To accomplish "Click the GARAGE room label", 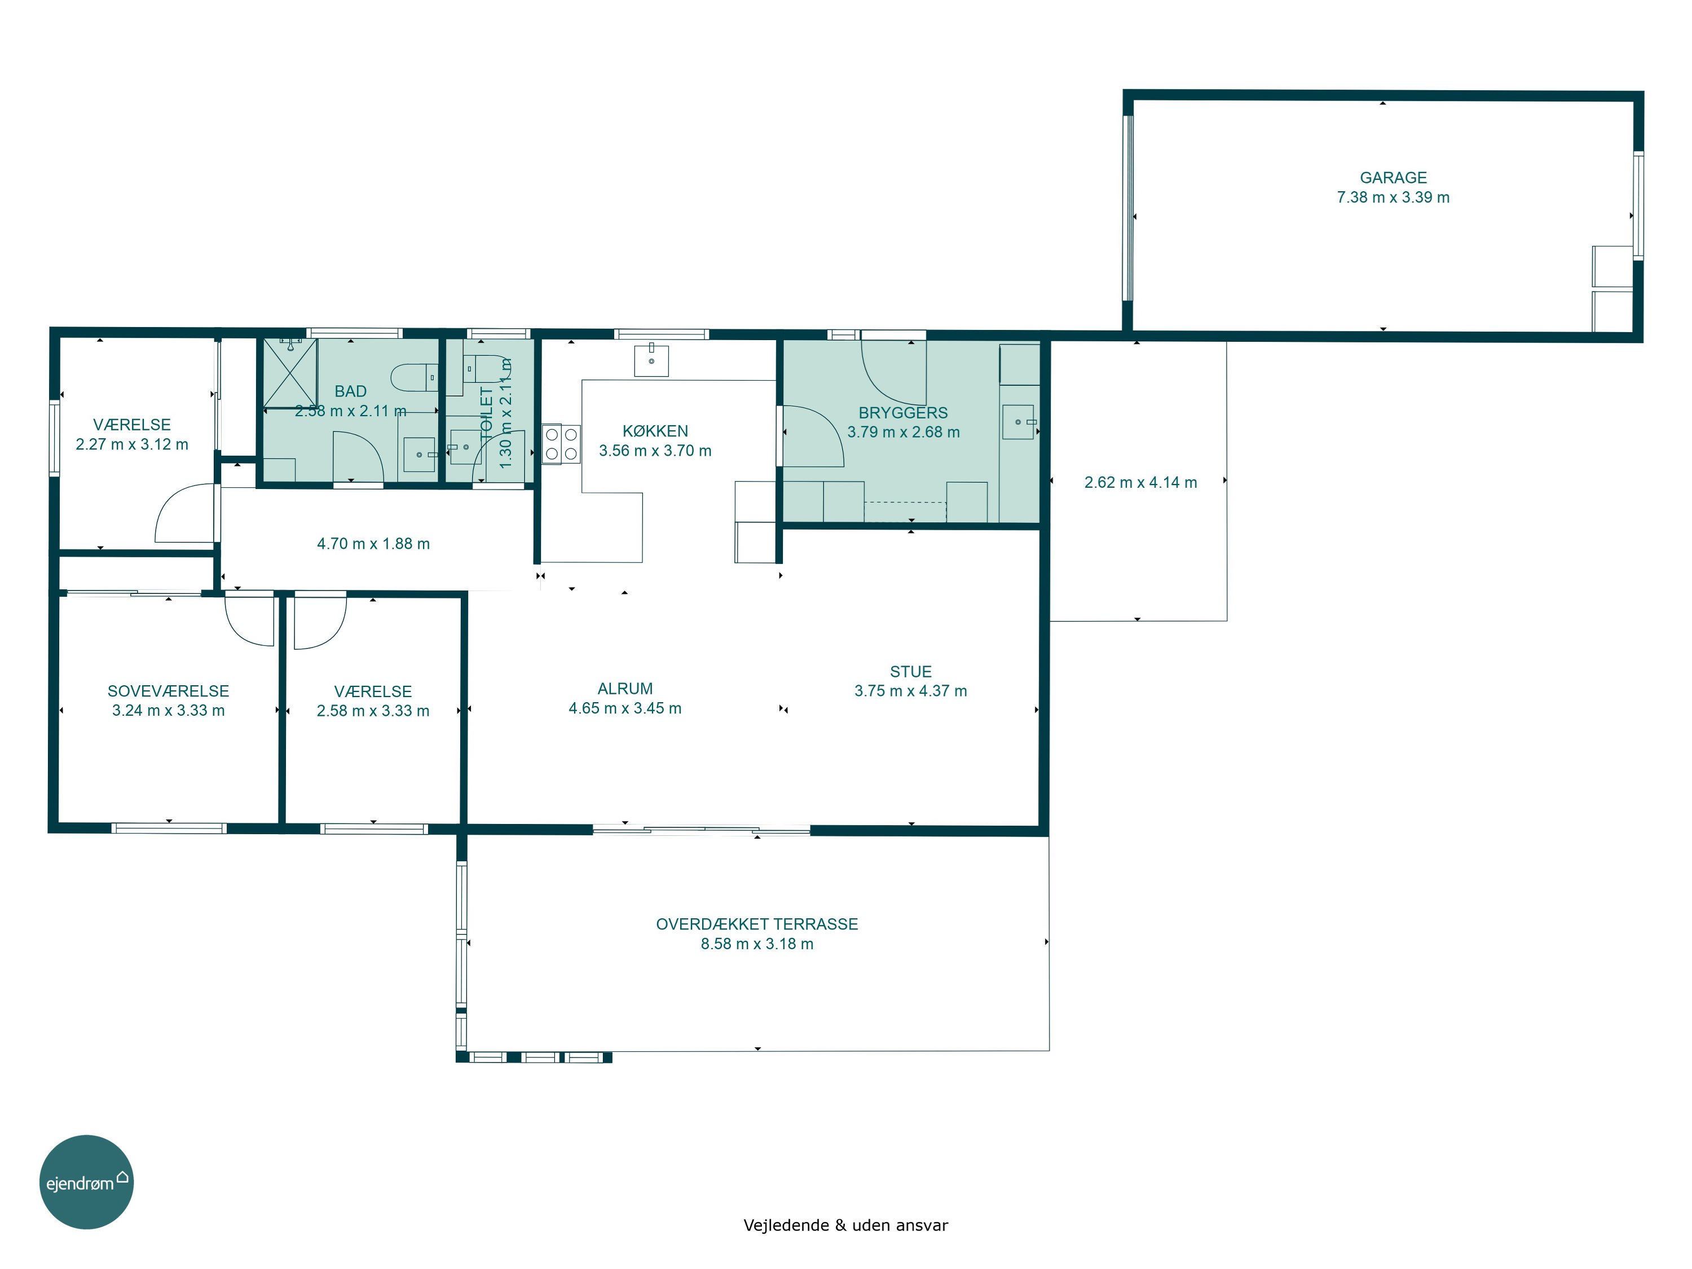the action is [x=1393, y=178].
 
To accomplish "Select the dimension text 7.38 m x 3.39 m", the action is [x=1393, y=197].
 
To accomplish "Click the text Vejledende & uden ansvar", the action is [x=845, y=1226].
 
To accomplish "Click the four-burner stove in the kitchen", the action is [x=561, y=444].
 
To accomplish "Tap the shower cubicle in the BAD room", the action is [x=290, y=373].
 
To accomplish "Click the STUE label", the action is [x=910, y=672].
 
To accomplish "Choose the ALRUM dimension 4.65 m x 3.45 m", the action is [x=625, y=708].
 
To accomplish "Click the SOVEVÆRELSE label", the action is [x=168, y=691].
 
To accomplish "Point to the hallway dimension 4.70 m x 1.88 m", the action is [x=373, y=544].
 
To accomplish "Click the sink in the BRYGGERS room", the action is [x=1018, y=421].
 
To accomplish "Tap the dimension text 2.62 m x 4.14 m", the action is [x=1140, y=483].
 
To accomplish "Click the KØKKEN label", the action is [x=655, y=431].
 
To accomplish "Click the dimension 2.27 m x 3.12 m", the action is [x=131, y=444].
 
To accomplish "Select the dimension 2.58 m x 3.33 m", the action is [x=373, y=711].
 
